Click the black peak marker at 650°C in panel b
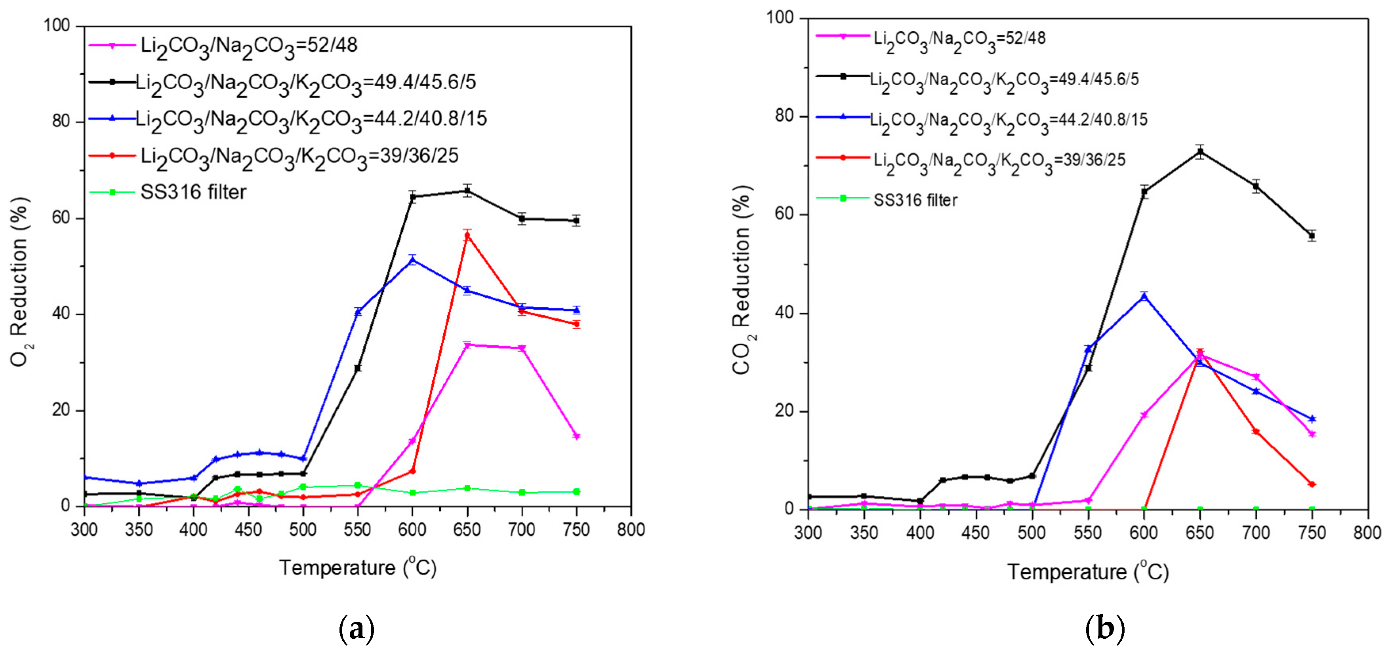pyautogui.click(x=1200, y=151)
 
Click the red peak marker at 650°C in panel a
pyautogui.click(x=467, y=235)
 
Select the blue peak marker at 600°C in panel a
pyautogui.click(x=413, y=260)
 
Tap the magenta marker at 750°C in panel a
pyautogui.click(x=576, y=436)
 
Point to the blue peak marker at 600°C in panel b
pyautogui.click(x=1144, y=296)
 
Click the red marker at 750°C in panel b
pyautogui.click(x=1312, y=484)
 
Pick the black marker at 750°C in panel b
pyautogui.click(x=1312, y=235)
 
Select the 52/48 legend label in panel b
pyautogui.click(x=959, y=39)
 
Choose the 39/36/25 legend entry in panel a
pyautogui.click(x=299, y=156)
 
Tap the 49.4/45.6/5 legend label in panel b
pyautogui.click(x=1005, y=80)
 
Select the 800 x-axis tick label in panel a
pyautogui.click(x=631, y=529)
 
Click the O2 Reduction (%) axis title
pyautogui.click(x=21, y=282)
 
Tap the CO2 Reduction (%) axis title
pyautogui.click(x=742, y=280)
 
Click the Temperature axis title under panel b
pyautogui.click(x=1088, y=572)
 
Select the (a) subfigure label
pyautogui.click(x=356, y=628)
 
